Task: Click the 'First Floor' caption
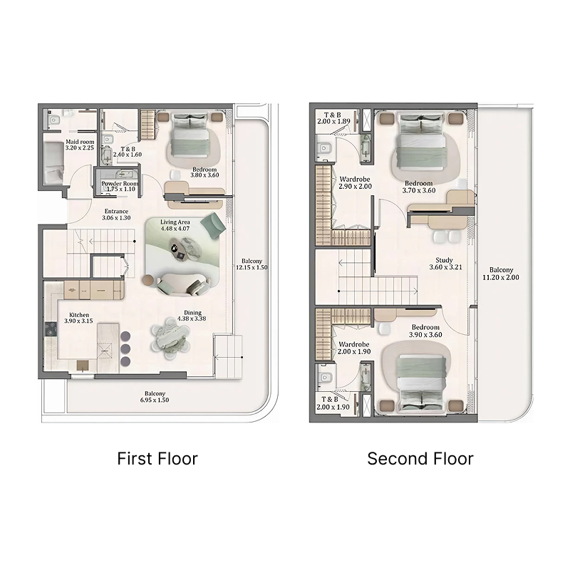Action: (157, 458)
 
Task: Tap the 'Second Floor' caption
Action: (420, 458)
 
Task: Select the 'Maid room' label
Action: (80, 145)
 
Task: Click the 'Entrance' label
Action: (116, 215)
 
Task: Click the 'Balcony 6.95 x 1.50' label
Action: (155, 398)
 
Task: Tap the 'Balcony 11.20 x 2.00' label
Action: (501, 274)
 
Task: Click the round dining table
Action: (171, 336)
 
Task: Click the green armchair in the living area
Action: (213, 224)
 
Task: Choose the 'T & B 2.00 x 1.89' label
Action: (333, 118)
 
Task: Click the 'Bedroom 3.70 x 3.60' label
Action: (418, 187)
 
